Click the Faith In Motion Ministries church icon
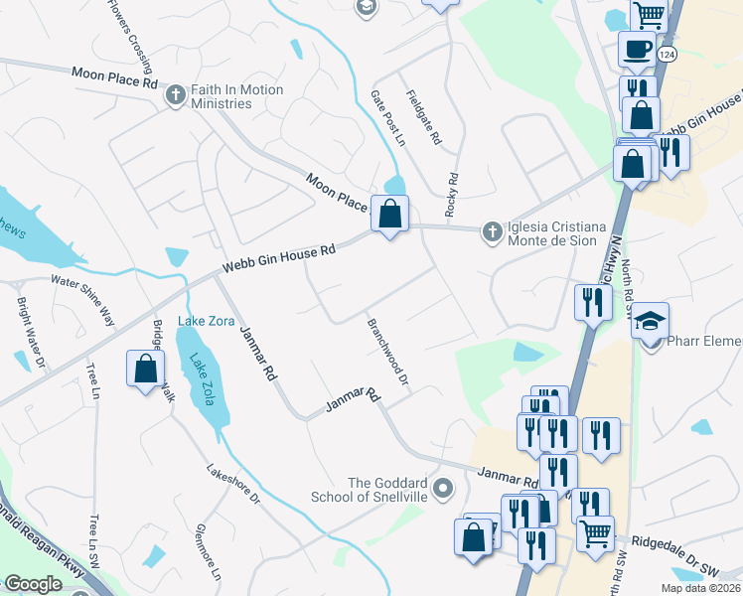click(176, 96)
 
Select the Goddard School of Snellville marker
click(444, 489)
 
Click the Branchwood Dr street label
click(388, 353)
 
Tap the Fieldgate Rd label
click(423, 118)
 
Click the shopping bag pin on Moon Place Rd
click(390, 214)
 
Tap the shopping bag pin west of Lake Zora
click(145, 369)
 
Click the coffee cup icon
click(636, 48)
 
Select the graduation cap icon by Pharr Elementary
click(650, 321)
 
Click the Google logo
click(33, 584)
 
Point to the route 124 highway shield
click(667, 55)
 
